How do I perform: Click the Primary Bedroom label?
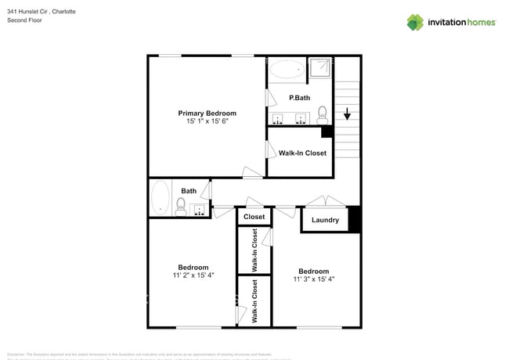207,113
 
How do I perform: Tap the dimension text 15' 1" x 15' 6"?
207,122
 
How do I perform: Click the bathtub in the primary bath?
284,71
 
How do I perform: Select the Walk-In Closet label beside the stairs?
302,153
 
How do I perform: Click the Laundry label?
325,220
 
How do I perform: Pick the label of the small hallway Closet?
254,217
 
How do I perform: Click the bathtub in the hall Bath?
161,197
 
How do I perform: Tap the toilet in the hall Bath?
181,207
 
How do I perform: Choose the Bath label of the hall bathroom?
189,191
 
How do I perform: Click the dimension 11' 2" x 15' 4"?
193,275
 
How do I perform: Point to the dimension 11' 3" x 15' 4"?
313,279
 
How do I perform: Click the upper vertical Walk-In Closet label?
254,250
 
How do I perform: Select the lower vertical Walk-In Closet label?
254,301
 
